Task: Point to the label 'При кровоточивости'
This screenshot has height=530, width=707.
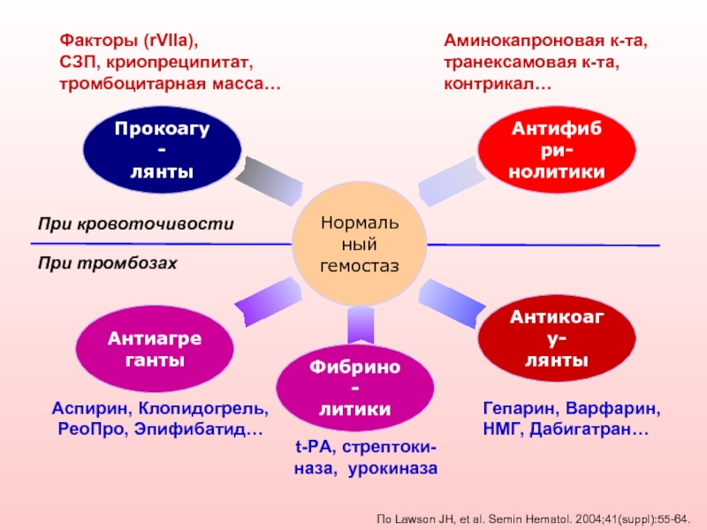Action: [x=136, y=224]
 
